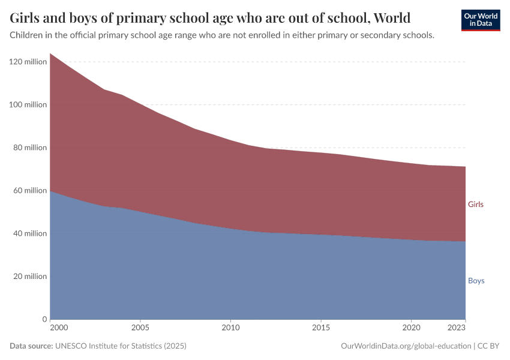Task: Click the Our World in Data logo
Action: (x=480, y=20)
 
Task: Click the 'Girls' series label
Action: (x=475, y=205)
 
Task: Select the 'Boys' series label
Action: (x=476, y=281)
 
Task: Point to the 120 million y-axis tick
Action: (x=28, y=62)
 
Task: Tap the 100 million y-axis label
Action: (x=28, y=105)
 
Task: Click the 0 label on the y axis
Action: (x=44, y=319)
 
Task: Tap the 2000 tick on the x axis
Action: (x=59, y=328)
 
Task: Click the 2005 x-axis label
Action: (x=140, y=328)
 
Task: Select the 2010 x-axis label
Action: (x=230, y=328)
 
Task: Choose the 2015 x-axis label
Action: (x=321, y=328)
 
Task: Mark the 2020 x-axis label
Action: (x=411, y=328)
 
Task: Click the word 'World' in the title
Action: (x=392, y=17)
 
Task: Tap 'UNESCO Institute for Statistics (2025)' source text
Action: (x=121, y=346)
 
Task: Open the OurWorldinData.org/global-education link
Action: (x=406, y=346)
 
